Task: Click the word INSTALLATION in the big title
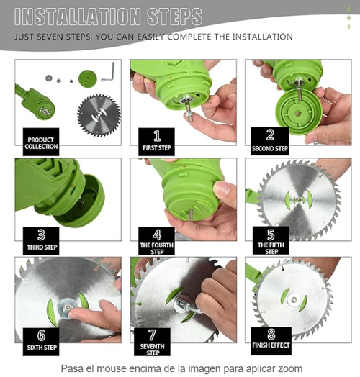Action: pyautogui.click(x=77, y=17)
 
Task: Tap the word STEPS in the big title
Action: pyautogui.click(x=174, y=17)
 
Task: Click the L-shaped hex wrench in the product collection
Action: pyautogui.click(x=108, y=72)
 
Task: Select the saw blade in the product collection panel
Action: pyautogui.click(x=99, y=115)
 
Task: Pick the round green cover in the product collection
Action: pyautogui.click(x=88, y=78)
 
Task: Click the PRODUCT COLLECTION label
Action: pyautogui.click(x=41, y=143)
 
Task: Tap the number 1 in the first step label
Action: pyautogui.click(x=157, y=136)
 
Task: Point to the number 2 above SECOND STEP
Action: pyautogui.click(x=270, y=135)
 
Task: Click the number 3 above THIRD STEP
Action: pyautogui.click(x=41, y=235)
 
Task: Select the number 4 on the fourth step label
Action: pyautogui.click(x=157, y=235)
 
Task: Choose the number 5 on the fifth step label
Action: pyautogui.click(x=271, y=235)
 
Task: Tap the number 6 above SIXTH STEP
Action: pyautogui.click(x=41, y=335)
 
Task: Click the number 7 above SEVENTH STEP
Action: pyautogui.click(x=152, y=335)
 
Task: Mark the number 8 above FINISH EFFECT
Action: pyautogui.click(x=271, y=334)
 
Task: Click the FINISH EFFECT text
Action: pyautogui.click(x=271, y=345)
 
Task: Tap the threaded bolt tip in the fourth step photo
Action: pyautogui.click(x=191, y=214)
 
